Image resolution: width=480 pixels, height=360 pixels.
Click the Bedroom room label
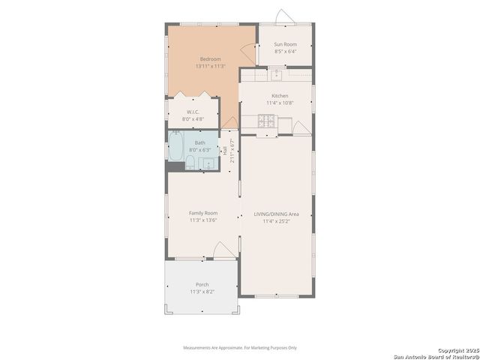point(210,59)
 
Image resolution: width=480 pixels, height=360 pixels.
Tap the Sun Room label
point(286,45)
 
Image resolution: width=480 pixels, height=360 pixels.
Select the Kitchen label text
point(280,96)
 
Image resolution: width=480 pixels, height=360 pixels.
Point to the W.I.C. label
point(193,112)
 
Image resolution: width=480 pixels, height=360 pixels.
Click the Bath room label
point(199,142)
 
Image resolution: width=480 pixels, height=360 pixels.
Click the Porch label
point(202,284)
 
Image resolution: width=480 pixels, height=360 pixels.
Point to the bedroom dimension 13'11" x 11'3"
point(210,66)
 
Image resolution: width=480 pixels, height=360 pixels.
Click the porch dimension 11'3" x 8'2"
point(202,291)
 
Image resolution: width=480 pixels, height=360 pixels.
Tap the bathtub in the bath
point(175,146)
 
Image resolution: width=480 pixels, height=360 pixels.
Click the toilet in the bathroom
point(190,163)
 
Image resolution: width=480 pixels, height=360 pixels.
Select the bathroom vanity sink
point(208,163)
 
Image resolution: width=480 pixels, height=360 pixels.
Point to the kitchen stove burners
point(266,120)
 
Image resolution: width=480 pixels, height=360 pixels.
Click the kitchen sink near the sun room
point(276,73)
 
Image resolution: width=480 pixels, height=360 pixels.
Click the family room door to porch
point(224,251)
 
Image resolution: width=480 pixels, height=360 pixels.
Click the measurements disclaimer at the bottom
point(240,347)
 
